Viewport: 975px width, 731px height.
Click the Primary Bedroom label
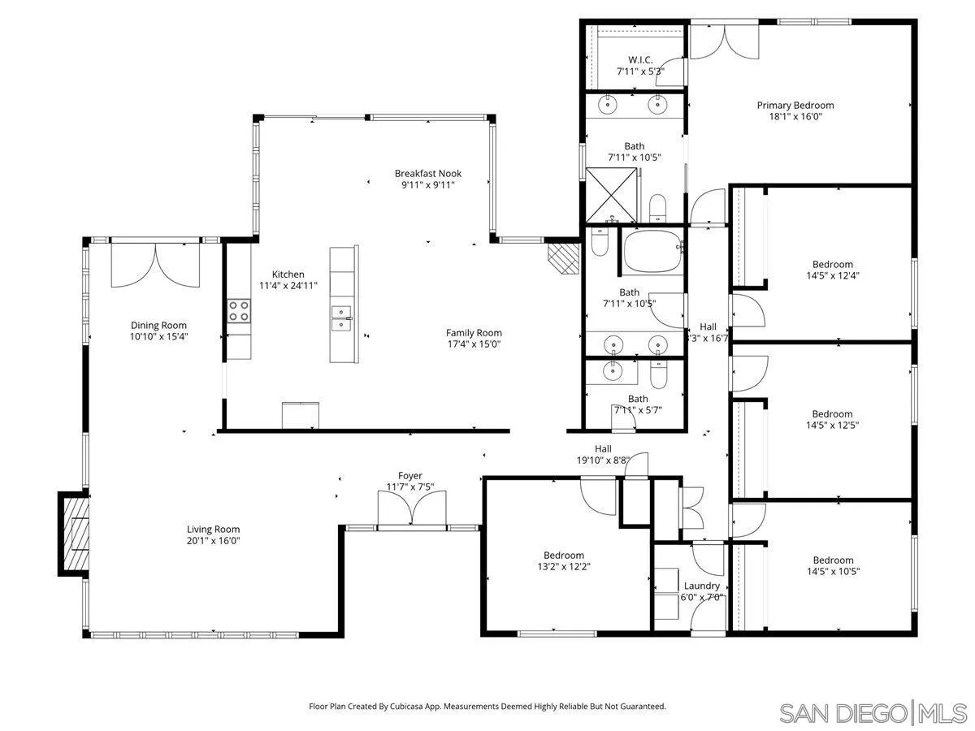tap(795, 105)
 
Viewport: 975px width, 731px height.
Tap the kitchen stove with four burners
tap(239, 311)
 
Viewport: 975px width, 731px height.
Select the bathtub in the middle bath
tap(652, 251)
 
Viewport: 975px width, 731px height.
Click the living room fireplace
tap(73, 534)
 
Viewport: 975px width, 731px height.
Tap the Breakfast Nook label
tap(427, 173)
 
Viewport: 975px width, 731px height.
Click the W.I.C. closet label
tap(640, 60)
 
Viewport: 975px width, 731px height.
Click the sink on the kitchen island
tap(341, 318)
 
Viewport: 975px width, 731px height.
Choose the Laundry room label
tap(701, 586)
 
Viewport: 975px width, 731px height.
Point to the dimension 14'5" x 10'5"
tap(833, 571)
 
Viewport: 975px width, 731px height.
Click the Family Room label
tap(474, 332)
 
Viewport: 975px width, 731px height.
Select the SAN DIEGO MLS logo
tap(873, 713)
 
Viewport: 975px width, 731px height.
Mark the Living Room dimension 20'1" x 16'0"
tap(213, 540)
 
